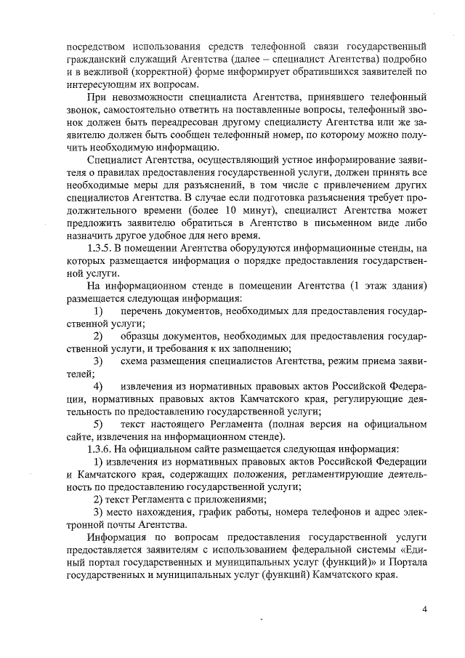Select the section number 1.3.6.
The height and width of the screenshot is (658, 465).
(x=100, y=448)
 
